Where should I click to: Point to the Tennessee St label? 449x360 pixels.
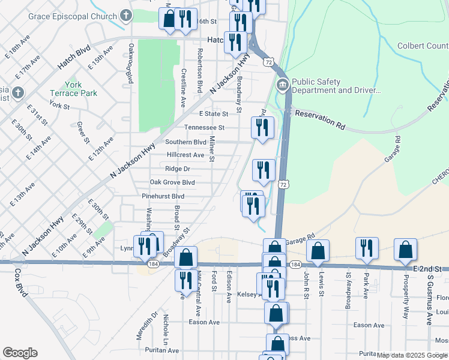click(204, 127)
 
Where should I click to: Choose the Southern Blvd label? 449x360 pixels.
click(186, 142)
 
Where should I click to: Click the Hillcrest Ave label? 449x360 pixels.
click(185, 155)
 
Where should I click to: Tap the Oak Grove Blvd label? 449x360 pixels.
click(172, 182)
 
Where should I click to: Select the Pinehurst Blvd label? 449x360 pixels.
click(163, 196)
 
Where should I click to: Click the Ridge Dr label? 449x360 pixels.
click(178, 169)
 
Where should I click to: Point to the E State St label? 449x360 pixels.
click(214, 113)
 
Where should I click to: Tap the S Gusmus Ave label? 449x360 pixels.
click(429, 300)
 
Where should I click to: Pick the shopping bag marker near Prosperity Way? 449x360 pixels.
click(405, 248)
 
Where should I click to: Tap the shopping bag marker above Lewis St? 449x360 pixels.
click(318, 251)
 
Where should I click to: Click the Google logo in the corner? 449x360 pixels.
click(20, 353)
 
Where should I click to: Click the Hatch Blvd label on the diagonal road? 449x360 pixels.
click(74, 57)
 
